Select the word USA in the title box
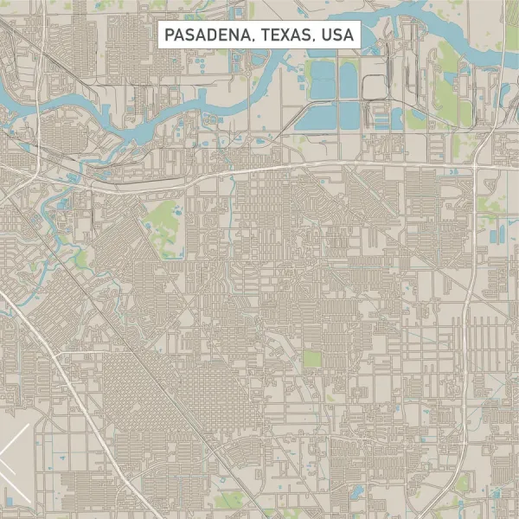point(336,35)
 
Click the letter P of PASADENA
point(167,35)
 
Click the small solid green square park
point(311,358)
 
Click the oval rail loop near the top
point(374,86)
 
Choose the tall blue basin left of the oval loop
point(349,81)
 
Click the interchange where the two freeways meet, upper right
point(475,165)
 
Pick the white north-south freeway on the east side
point(467,329)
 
